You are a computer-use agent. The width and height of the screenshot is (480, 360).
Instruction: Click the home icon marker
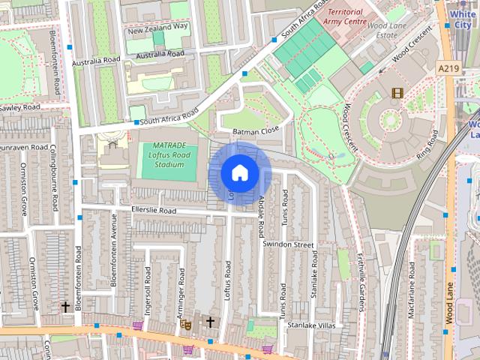pyautogui.click(x=239, y=173)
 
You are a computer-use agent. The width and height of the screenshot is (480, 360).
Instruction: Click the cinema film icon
pyautogui.click(x=396, y=93)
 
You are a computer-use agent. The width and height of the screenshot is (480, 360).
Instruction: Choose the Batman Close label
pyautogui.click(x=256, y=130)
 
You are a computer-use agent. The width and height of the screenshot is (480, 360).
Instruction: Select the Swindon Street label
pyautogui.click(x=288, y=244)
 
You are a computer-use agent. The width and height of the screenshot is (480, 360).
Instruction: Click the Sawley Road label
pyautogui.click(x=19, y=108)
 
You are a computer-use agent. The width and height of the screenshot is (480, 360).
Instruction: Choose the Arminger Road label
pyautogui.click(x=181, y=292)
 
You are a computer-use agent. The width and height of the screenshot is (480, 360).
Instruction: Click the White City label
pyautogui.click(x=463, y=19)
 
